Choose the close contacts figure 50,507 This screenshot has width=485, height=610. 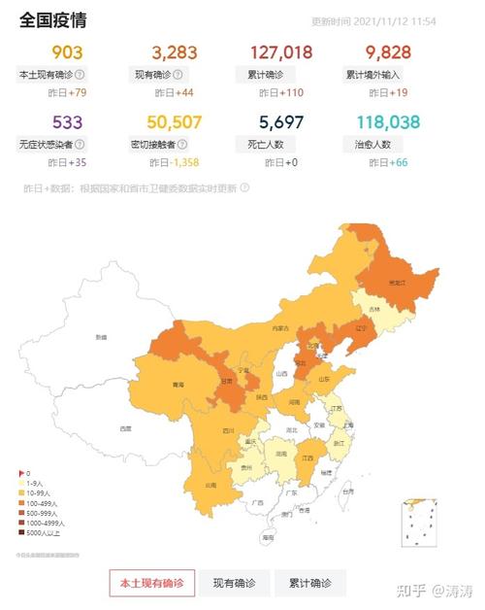pyautogui.click(x=175, y=121)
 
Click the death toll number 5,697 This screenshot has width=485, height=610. pyautogui.click(x=282, y=121)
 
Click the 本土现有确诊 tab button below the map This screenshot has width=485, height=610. pyautogui.click(x=152, y=583)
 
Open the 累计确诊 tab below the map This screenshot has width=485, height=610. pyautogui.click(x=309, y=583)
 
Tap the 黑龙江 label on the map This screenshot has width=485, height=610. pyautogui.click(x=396, y=283)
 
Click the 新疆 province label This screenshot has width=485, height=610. pyautogui.click(x=101, y=337)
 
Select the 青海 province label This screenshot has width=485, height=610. pyautogui.click(x=178, y=385)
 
